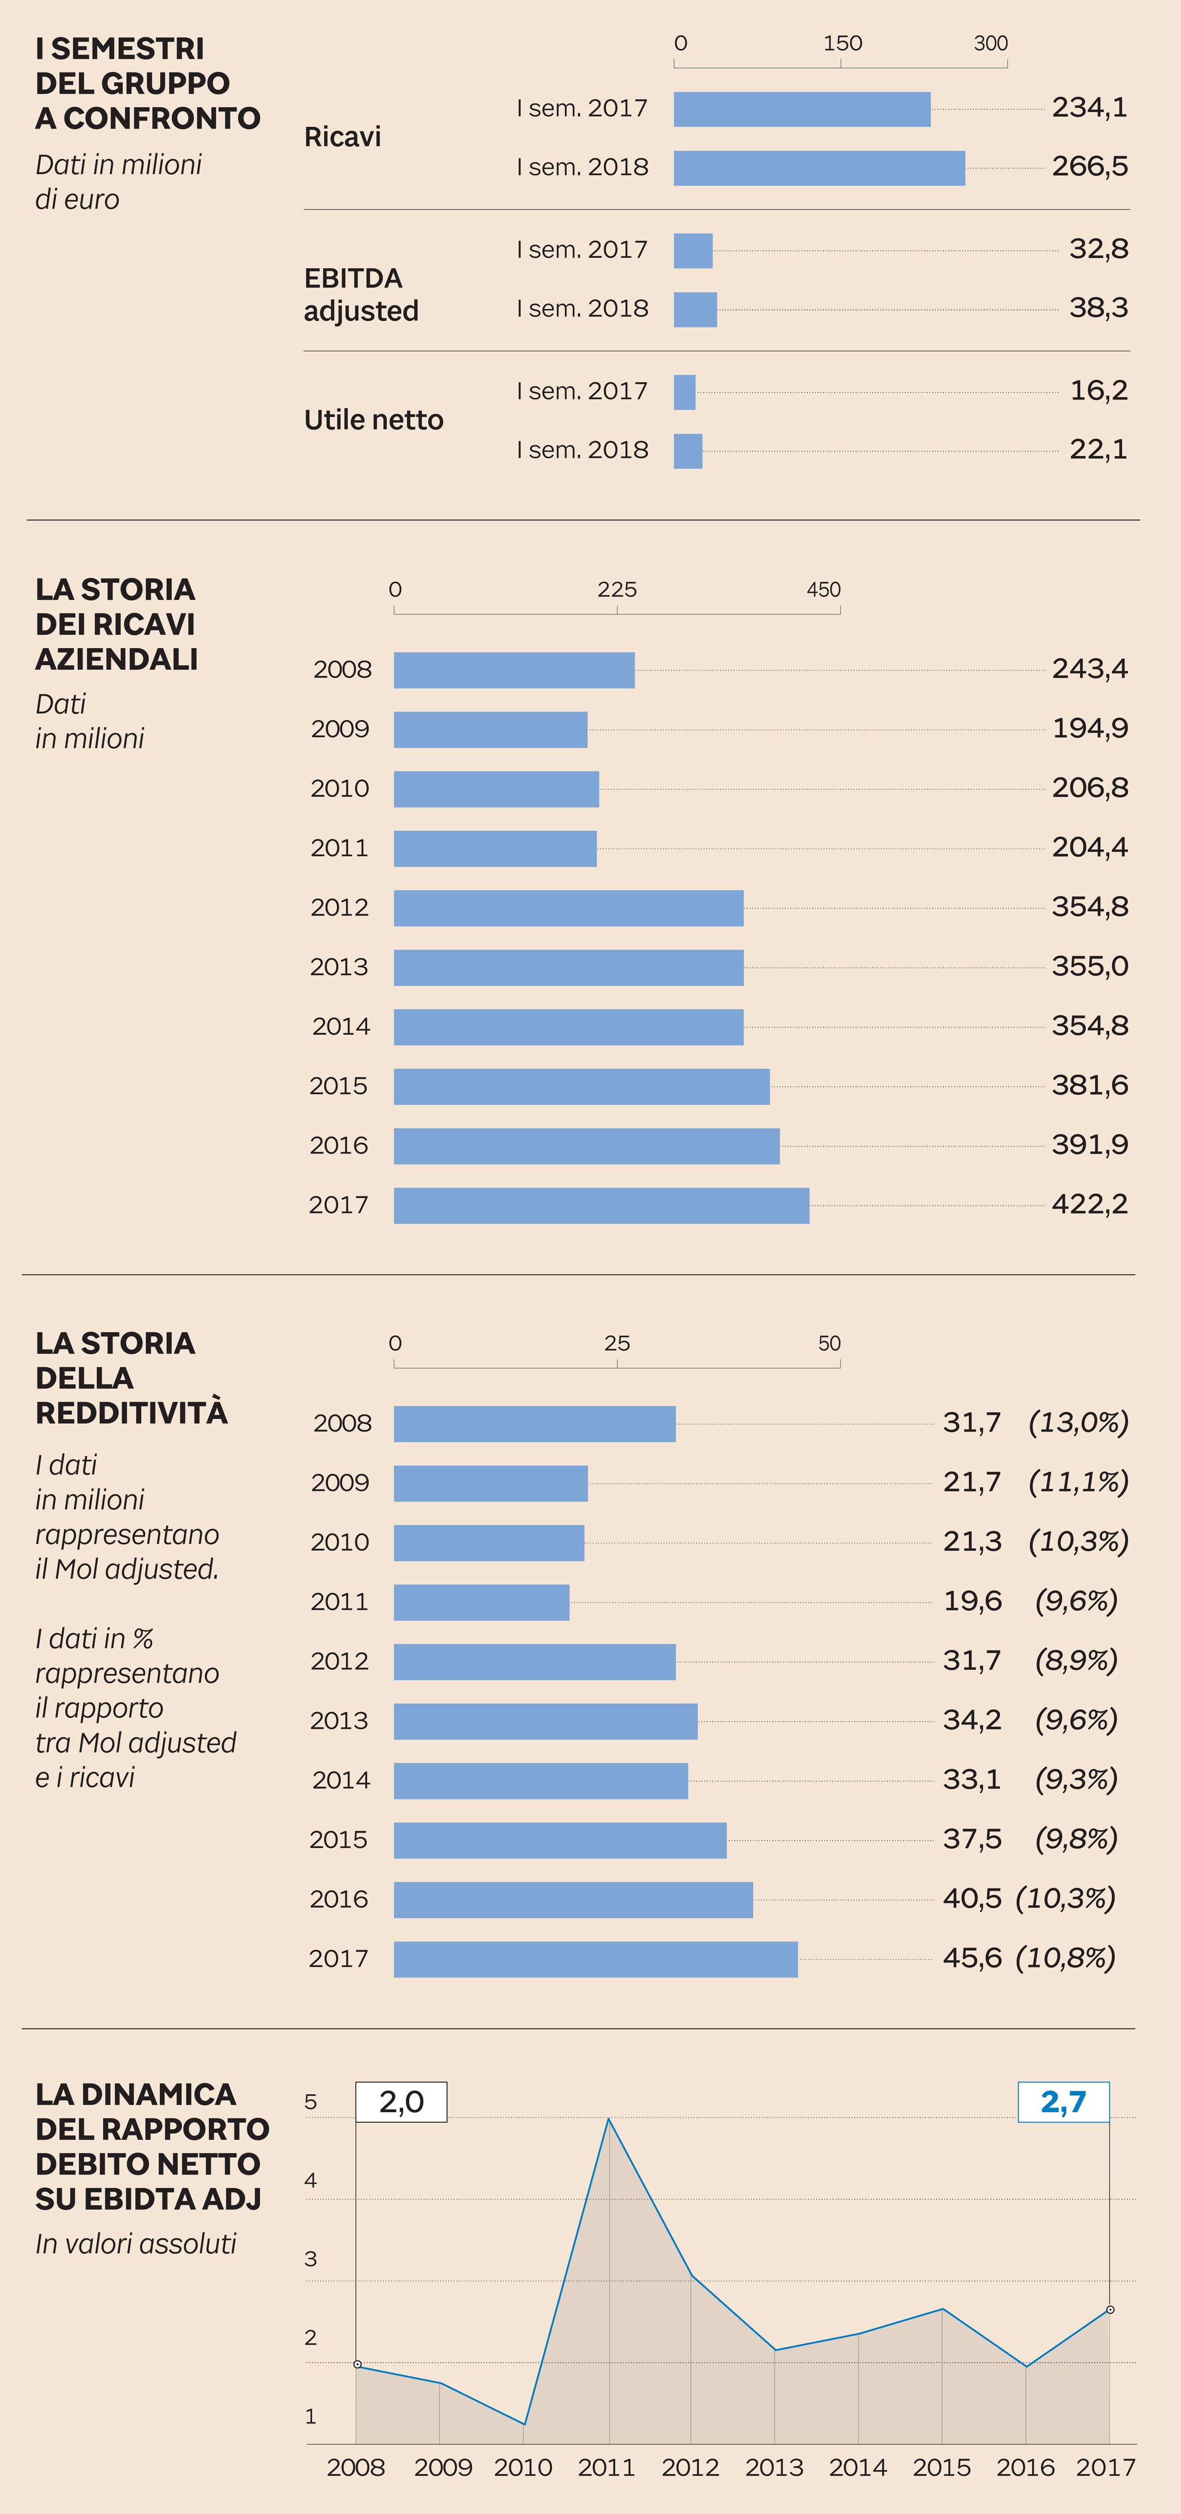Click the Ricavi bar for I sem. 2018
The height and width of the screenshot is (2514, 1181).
pos(819,168)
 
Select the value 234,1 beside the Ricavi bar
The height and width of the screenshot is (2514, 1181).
pos(1089,107)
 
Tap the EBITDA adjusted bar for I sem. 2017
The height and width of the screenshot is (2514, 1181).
pos(693,251)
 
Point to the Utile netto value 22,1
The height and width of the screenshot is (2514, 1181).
pos(1098,450)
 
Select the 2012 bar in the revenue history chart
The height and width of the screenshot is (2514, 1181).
pos(568,907)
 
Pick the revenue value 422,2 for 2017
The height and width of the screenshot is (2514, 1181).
pos(1089,1204)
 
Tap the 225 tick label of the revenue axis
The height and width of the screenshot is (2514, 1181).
pos(617,590)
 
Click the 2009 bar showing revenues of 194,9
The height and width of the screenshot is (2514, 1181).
pos(490,730)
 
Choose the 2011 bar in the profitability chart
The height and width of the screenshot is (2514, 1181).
pos(481,1603)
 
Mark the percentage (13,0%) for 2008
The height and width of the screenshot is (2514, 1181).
pos(1078,1423)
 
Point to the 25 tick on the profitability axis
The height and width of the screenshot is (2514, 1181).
pos(617,1344)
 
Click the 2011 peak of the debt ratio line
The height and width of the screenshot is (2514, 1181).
pos(609,2119)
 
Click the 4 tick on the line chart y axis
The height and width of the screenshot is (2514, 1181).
pos(310,2180)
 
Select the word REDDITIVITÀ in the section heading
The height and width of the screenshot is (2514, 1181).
pos(131,1412)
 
